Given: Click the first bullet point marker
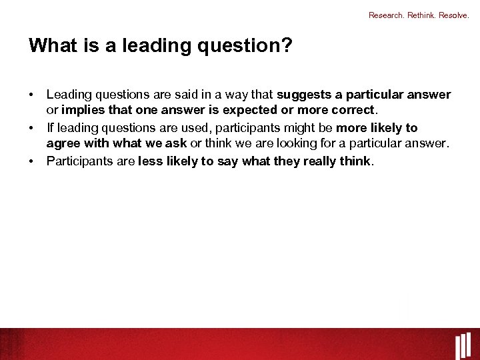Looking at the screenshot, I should (31, 95).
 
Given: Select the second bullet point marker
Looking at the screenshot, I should (31, 128).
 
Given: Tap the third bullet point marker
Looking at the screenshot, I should (31, 161).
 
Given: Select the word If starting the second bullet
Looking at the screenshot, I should (50, 128).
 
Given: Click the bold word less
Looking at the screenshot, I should (150, 161).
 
